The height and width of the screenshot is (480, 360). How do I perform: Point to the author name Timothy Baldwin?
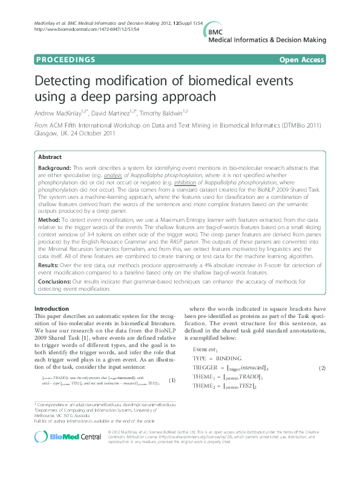[x=175, y=112]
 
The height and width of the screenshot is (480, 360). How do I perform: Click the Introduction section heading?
[x=51, y=309]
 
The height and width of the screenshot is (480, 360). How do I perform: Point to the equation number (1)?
[x=171, y=380]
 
